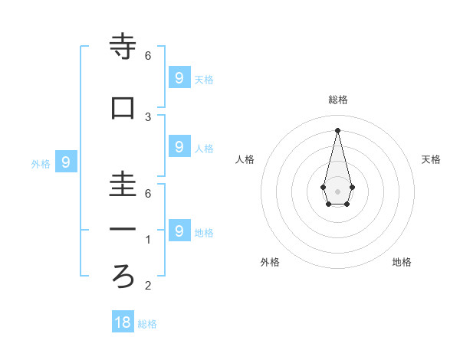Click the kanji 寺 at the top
123,47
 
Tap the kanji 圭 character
123,186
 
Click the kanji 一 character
123,230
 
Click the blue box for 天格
179,77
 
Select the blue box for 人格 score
179,147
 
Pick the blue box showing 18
123,322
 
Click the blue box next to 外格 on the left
66,162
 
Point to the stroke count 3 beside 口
148,117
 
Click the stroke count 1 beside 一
148,240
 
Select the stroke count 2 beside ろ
148,286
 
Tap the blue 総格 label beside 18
147,324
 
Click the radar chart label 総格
338,100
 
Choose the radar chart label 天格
431,159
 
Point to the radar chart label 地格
402,262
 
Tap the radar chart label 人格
245,159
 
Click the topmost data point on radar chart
337,129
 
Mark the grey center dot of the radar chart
337,191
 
